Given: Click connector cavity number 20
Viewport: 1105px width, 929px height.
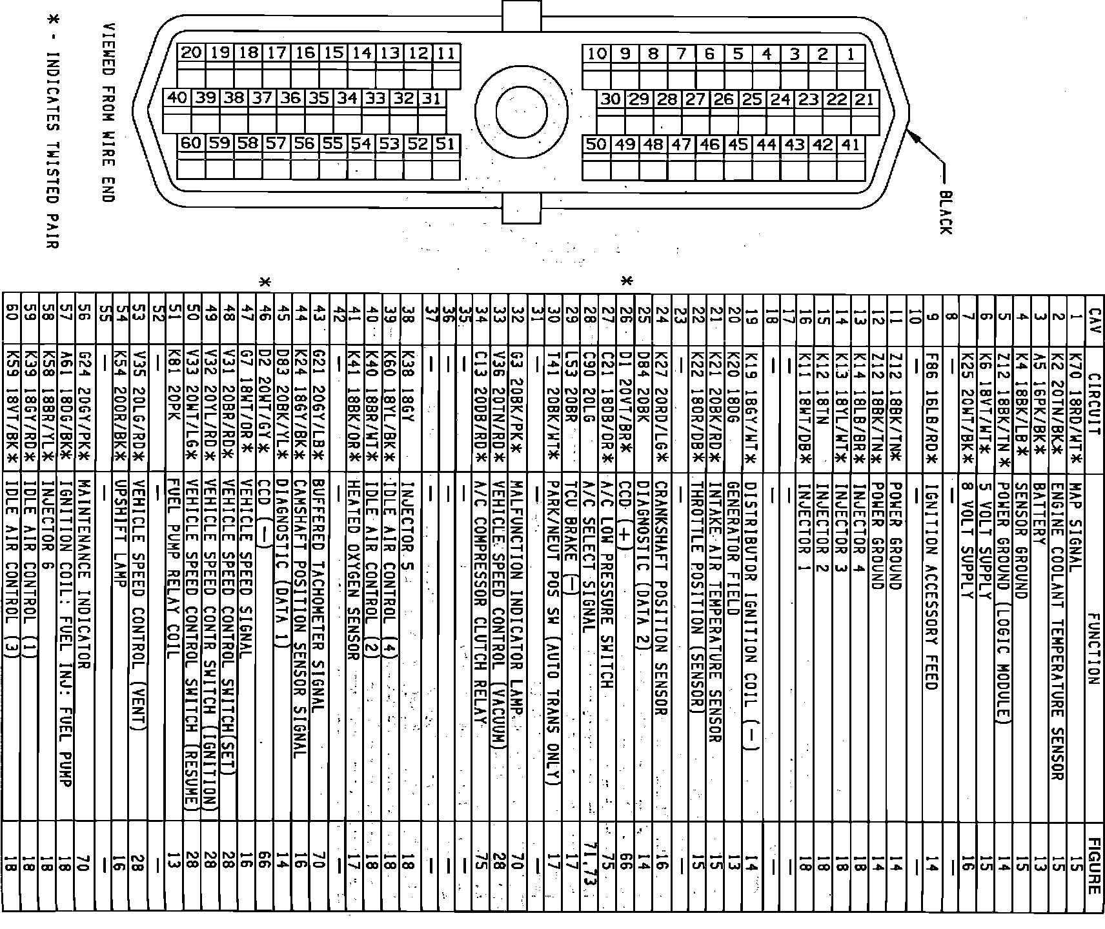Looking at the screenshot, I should [x=191, y=53].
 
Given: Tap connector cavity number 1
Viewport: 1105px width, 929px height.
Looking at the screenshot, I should [x=851, y=54].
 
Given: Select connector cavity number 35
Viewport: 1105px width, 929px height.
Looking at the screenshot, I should [x=318, y=98].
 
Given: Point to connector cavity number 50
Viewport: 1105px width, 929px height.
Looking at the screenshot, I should [x=596, y=144].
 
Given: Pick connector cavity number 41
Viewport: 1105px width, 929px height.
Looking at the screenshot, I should [x=851, y=145].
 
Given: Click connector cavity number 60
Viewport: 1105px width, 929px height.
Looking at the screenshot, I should [x=191, y=143].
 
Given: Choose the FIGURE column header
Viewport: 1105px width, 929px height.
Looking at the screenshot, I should [x=1093, y=866].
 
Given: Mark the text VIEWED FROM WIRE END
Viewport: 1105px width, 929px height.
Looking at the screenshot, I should [x=109, y=113].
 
